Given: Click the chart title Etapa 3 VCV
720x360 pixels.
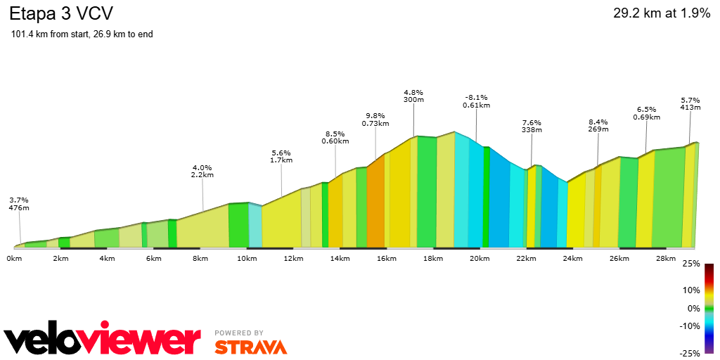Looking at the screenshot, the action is pyautogui.click(x=61, y=14).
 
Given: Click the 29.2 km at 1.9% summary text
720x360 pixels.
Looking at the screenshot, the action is pyautogui.click(x=662, y=14).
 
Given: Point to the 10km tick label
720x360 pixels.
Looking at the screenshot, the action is pyautogui.click(x=247, y=259).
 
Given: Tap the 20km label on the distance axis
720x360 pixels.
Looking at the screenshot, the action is pyautogui.click(x=479, y=259).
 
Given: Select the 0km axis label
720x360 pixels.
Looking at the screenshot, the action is pyautogui.click(x=14, y=259).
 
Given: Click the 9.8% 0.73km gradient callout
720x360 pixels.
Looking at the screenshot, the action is pyautogui.click(x=375, y=120).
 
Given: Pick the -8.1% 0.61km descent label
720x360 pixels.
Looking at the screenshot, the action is pyautogui.click(x=476, y=101).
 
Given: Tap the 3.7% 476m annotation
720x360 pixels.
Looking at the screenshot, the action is pyautogui.click(x=19, y=204).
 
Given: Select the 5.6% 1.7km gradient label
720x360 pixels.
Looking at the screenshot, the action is pyautogui.click(x=281, y=157).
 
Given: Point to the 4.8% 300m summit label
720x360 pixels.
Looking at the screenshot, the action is pyautogui.click(x=413, y=95).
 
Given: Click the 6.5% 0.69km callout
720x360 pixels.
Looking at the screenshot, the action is pyautogui.click(x=646, y=113).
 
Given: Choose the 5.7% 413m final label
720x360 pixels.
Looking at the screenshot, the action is pyautogui.click(x=690, y=104).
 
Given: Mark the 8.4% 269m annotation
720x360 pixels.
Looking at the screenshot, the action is pyautogui.click(x=598, y=125).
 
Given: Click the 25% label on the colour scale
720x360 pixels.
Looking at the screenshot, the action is pyautogui.click(x=691, y=264).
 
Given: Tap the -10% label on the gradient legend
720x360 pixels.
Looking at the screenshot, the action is pyautogui.click(x=690, y=326).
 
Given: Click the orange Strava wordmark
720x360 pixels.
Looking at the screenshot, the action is pyautogui.click(x=251, y=347).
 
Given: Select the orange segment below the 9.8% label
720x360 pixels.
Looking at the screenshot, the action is pyautogui.click(x=375, y=202).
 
